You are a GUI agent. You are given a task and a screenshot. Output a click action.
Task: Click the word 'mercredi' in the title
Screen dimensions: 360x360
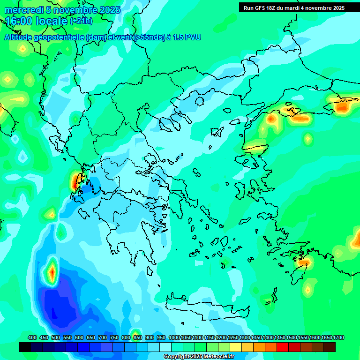[x=23, y=10]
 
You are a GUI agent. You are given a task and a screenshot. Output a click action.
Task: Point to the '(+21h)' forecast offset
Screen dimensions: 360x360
[x=81, y=21]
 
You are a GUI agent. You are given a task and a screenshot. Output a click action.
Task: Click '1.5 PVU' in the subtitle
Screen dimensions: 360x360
[x=187, y=37]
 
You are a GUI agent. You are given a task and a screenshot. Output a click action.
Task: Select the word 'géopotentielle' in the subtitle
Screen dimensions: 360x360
[x=61, y=37]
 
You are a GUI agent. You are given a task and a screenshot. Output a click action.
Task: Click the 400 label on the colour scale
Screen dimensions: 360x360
[x=32, y=337]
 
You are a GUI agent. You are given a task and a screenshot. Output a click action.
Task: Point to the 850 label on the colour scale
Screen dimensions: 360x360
[x=137, y=337]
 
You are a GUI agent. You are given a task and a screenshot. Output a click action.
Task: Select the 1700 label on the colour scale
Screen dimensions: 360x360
[x=338, y=337]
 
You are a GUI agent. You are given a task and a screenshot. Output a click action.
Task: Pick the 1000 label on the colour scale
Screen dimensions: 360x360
[x=174, y=337]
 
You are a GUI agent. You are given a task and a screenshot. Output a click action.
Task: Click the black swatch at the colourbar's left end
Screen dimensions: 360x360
[x=25, y=347]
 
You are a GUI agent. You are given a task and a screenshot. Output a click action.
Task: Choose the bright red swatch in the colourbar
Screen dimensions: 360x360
[x=283, y=347]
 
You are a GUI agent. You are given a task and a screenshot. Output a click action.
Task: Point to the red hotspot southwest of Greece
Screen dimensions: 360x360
[x=52, y=271]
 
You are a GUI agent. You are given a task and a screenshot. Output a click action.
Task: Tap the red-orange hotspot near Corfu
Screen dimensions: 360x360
[x=76, y=180]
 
